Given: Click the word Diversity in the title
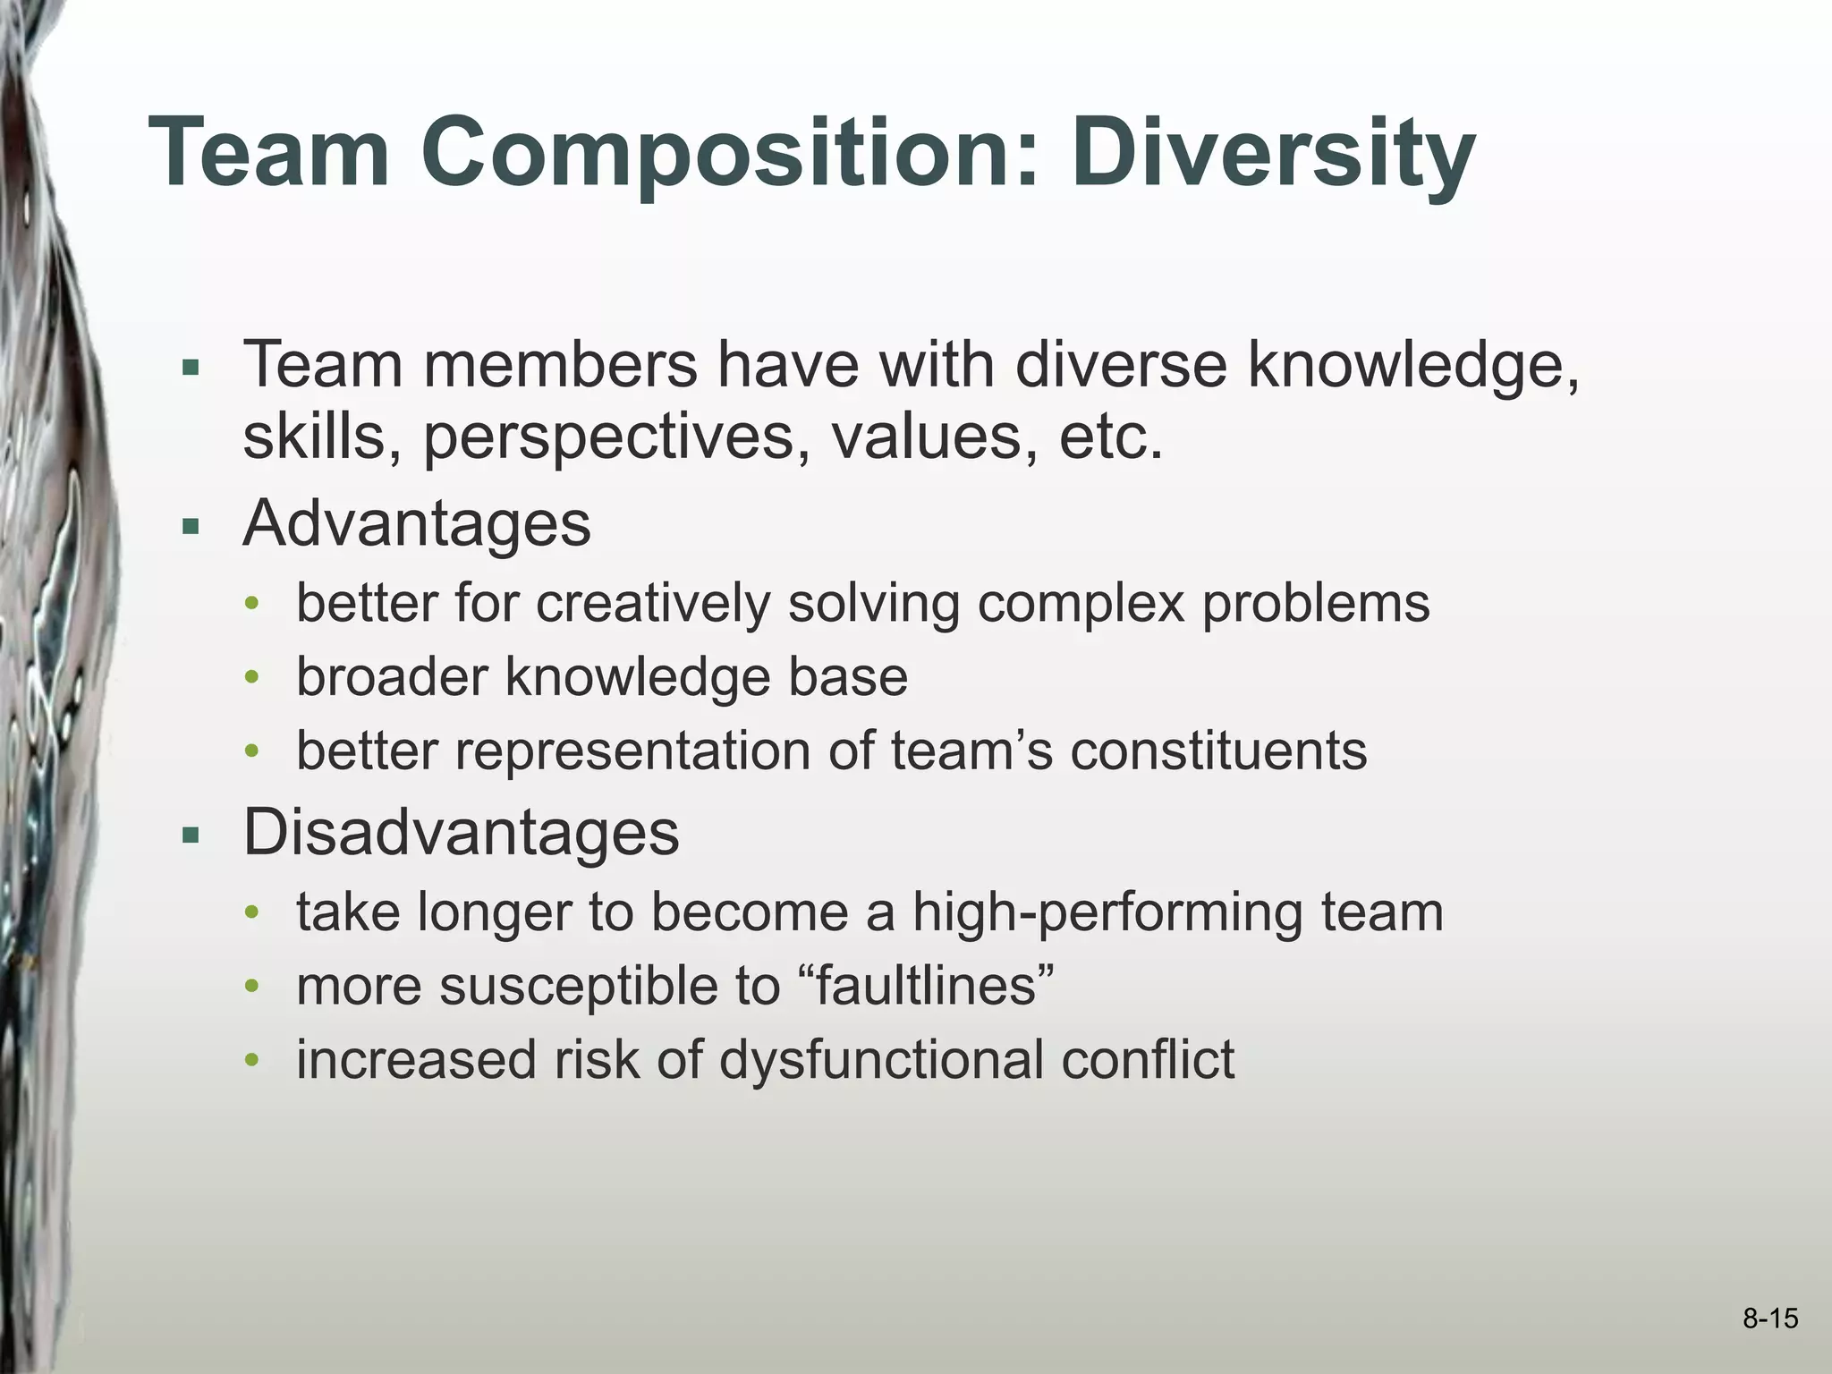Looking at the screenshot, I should [x=1279, y=154].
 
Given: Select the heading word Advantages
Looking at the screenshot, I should [x=417, y=523].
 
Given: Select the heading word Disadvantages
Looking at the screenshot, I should [x=461, y=833].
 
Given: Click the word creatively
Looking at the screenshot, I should [x=653, y=603].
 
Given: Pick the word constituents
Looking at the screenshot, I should [x=1218, y=750].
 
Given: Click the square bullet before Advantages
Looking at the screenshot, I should [x=189, y=527].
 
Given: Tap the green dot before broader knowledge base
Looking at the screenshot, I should [x=253, y=679].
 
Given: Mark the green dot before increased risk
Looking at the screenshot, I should [x=253, y=1062].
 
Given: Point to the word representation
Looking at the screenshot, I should [x=632, y=750].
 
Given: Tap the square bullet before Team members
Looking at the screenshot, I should [x=189, y=368].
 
